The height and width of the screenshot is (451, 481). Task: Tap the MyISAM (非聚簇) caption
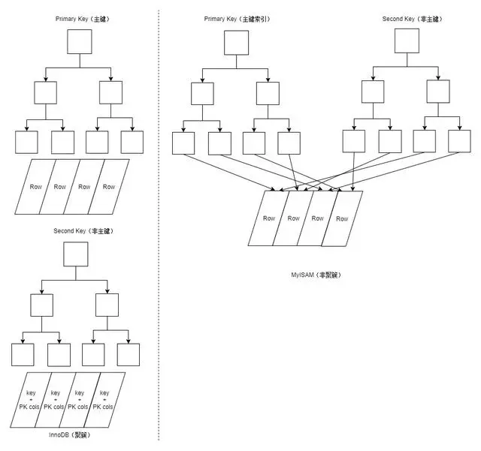click(x=316, y=275)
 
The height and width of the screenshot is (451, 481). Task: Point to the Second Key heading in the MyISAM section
click(x=407, y=18)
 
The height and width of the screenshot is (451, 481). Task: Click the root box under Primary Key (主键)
click(x=79, y=42)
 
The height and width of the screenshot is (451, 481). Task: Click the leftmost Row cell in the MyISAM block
click(x=269, y=218)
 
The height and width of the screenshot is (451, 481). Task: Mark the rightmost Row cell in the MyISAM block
click(x=342, y=218)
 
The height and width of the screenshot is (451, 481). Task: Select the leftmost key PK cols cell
click(x=31, y=400)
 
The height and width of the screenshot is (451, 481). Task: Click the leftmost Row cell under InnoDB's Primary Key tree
click(x=35, y=186)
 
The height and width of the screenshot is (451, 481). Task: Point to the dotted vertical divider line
click(x=159, y=225)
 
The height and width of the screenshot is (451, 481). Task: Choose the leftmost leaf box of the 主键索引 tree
click(x=183, y=143)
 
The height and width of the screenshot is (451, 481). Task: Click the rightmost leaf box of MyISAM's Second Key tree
click(x=459, y=141)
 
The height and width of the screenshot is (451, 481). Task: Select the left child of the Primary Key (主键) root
click(x=46, y=92)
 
